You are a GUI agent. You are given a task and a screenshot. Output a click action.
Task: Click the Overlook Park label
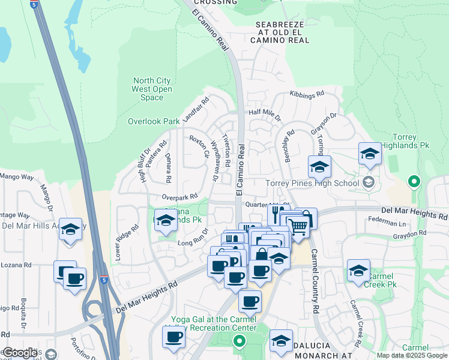154,121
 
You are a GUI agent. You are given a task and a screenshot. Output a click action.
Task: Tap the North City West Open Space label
152,89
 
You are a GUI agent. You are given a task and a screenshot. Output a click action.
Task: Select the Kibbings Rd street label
307,94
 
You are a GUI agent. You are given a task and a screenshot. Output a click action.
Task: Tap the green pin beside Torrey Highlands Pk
413,181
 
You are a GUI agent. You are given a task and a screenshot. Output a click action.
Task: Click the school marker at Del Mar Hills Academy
71,229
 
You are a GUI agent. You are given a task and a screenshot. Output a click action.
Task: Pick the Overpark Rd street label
179,197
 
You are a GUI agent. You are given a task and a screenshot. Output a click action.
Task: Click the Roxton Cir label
199,146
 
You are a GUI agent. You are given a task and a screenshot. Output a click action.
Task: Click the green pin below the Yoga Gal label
239,343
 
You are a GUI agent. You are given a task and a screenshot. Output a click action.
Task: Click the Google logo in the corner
20,353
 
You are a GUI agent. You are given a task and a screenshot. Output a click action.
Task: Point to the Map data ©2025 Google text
411,355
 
